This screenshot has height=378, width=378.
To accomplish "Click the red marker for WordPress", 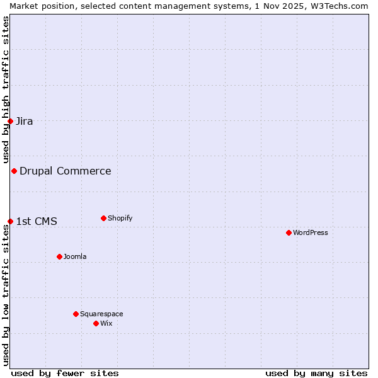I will pyautogui.click(x=289, y=232).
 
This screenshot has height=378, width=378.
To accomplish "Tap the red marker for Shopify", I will pyautogui.click(x=103, y=218).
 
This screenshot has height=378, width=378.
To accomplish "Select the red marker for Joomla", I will pyautogui.click(x=59, y=256).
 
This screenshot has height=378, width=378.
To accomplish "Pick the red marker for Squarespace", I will pyautogui.click(x=76, y=314).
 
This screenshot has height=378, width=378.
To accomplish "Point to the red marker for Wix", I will pyautogui.click(x=96, y=323).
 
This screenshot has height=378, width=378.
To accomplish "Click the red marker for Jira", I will pyautogui.click(x=10, y=121).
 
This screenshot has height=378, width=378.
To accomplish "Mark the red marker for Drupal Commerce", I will pyautogui.click(x=14, y=171).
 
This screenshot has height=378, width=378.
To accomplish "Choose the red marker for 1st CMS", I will pyautogui.click(x=10, y=221).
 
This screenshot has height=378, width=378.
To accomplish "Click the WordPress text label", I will pyautogui.click(x=311, y=232).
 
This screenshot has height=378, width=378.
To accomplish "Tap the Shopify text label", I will pyautogui.click(x=120, y=218).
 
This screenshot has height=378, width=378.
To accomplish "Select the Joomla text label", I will pyautogui.click(x=75, y=256).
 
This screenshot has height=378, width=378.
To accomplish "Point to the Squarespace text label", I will pyautogui.click(x=101, y=314).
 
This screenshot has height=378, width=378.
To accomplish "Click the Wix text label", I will pyautogui.click(x=106, y=323).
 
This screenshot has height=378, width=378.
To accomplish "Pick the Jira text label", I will pyautogui.click(x=25, y=122).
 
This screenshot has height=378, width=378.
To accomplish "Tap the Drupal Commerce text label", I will pyautogui.click(x=66, y=171).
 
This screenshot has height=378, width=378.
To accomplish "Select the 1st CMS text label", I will pyautogui.click(x=37, y=221).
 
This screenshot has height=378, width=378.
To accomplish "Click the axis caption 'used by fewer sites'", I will pyautogui.click(x=65, y=373).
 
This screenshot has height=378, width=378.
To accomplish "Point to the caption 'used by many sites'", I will pyautogui.click(x=316, y=373).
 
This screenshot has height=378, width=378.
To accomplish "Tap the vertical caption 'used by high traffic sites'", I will pyautogui.click(x=6, y=89).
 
